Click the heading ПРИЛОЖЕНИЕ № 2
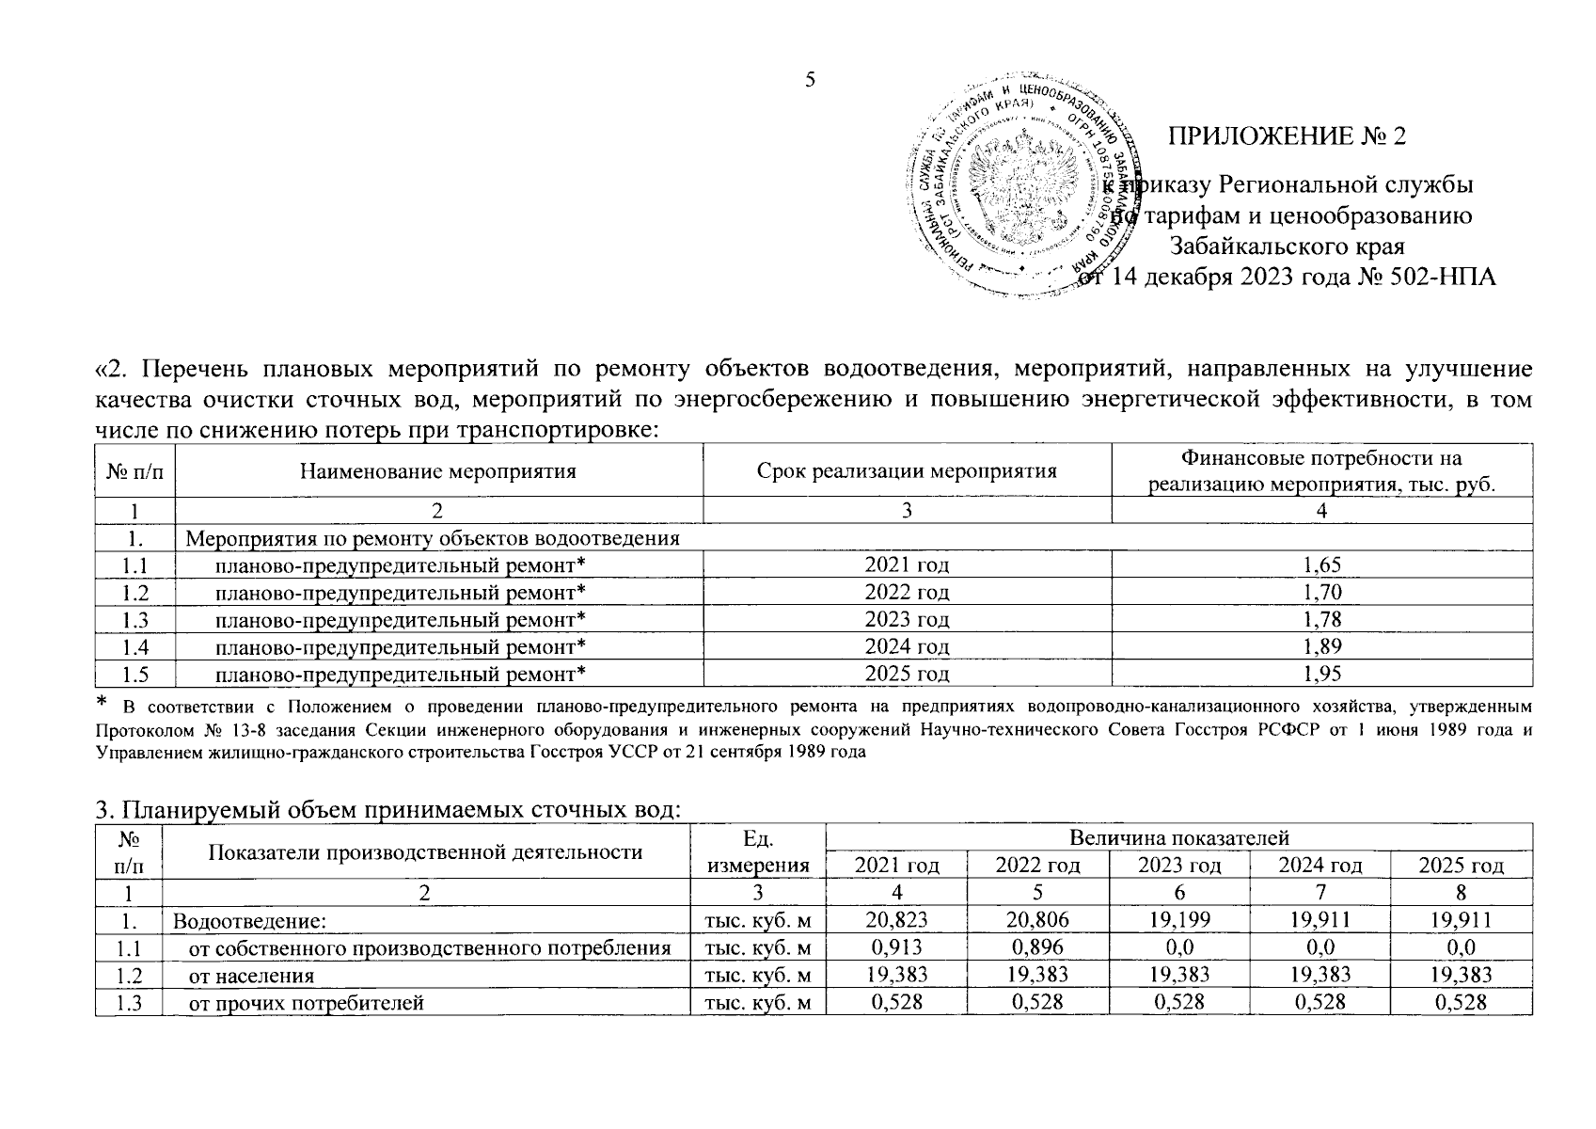pyautogui.click(x=1287, y=136)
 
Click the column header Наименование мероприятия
pyautogui.click(x=437, y=470)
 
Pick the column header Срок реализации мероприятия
pyautogui.click(x=907, y=470)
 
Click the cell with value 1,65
pyautogui.click(x=1321, y=565)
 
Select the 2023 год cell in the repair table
pyautogui.click(x=907, y=620)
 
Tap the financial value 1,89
pyautogui.click(x=1321, y=647)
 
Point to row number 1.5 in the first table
pyautogui.click(x=135, y=675)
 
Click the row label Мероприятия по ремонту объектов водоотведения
pyautogui.click(x=433, y=539)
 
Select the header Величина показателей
pyautogui.click(x=1178, y=838)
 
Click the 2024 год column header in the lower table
pyautogui.click(x=1320, y=866)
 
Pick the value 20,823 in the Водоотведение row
pyautogui.click(x=896, y=920)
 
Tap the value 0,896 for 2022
pyautogui.click(x=1037, y=947)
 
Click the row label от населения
pyautogui.click(x=251, y=976)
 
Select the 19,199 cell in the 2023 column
pyautogui.click(x=1178, y=920)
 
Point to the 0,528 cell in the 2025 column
pyautogui.click(x=1461, y=1003)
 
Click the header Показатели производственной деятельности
pyautogui.click(x=425, y=852)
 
